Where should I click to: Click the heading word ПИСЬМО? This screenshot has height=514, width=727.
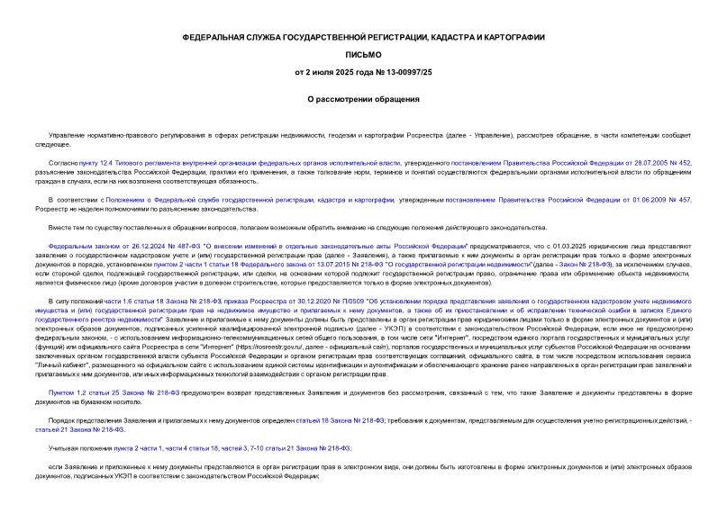(x=363, y=54)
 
